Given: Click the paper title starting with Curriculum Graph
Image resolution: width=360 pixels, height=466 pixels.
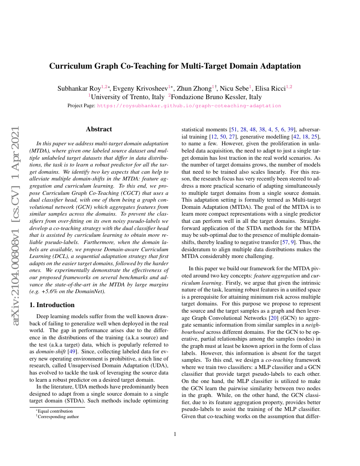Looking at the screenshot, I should point(175,66).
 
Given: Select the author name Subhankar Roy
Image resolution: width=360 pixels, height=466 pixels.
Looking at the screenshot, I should point(79,89).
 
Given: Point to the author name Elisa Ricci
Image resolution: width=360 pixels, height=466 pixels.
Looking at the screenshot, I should point(271,89).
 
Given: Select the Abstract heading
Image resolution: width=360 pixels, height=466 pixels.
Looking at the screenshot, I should point(99,129).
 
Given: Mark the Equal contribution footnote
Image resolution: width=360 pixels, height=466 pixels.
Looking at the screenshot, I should point(55,411).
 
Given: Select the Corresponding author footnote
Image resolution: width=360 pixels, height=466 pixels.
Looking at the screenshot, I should point(58,416).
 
